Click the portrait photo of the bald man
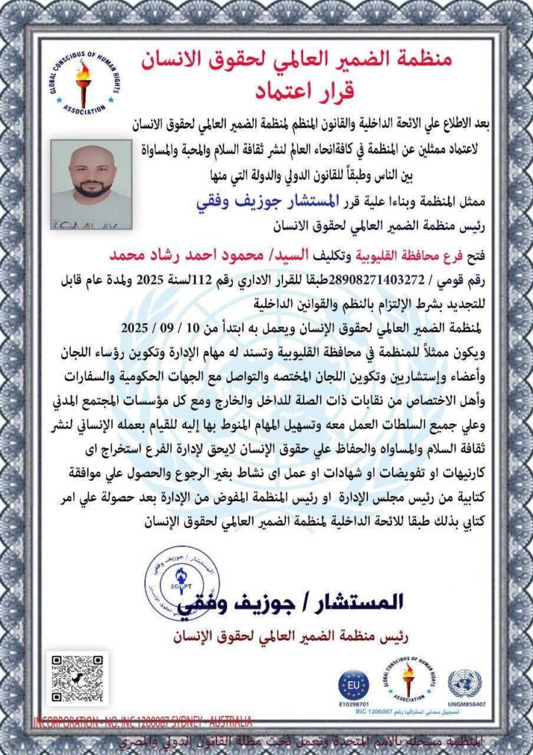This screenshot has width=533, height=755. pyautogui.click(x=91, y=185)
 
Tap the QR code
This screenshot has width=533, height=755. pyautogui.click(x=79, y=678)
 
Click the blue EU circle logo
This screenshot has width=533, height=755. pyautogui.click(x=354, y=684)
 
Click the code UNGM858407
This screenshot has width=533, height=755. pyautogui.click(x=464, y=705)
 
